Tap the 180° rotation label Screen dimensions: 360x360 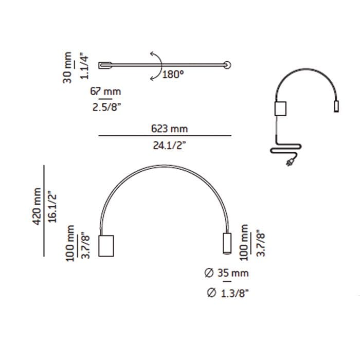[x=173, y=74]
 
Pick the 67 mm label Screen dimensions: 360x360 [x=105, y=92]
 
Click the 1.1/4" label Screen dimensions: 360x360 [x=85, y=64]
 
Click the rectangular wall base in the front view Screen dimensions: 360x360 [x=106, y=246]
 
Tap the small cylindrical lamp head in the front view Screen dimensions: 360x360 [x=226, y=243]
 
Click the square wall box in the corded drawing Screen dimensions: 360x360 [x=280, y=109]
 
